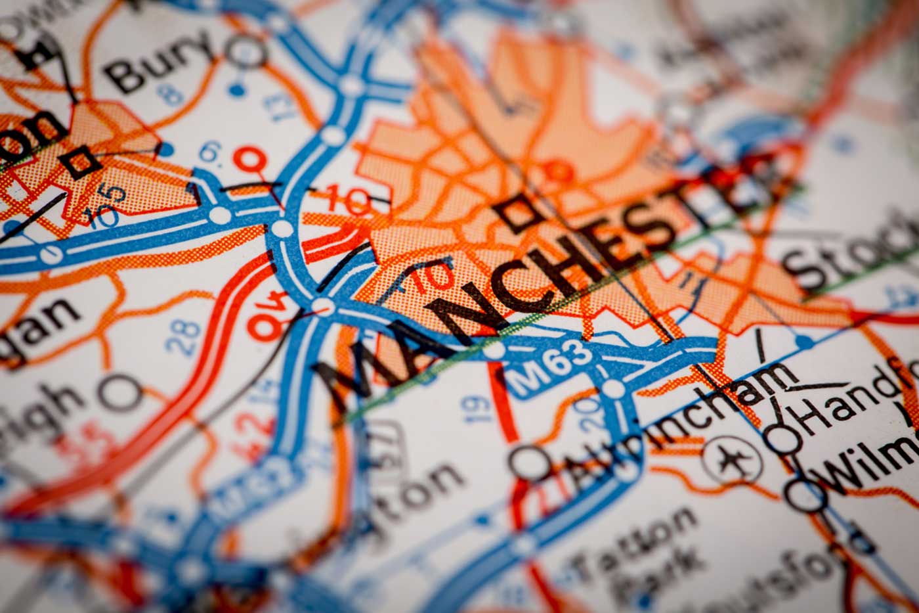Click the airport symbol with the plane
click(x=731, y=459)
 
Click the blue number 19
click(x=479, y=409)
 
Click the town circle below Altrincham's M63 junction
click(x=529, y=463)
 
